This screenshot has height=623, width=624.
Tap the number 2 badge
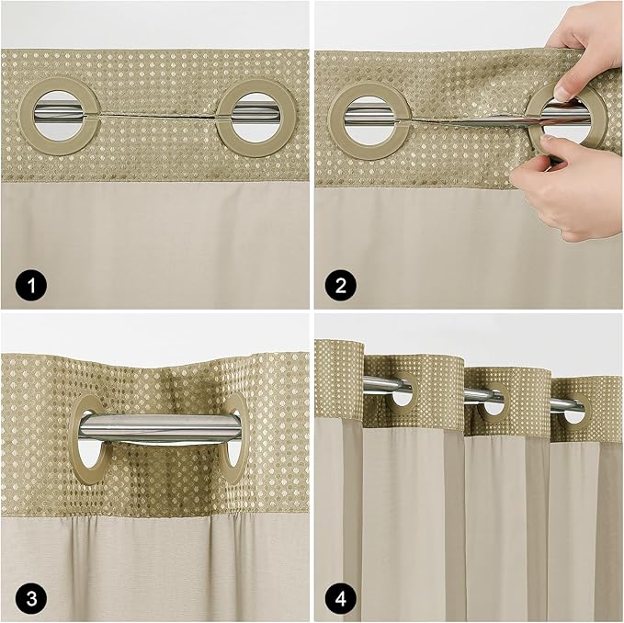click(x=339, y=287)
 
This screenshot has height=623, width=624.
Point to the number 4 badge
click(x=339, y=600)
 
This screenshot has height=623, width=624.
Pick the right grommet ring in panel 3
click(x=235, y=439)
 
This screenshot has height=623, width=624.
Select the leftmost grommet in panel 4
click(x=403, y=394)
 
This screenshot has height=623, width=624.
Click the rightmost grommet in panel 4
click(x=573, y=411)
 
